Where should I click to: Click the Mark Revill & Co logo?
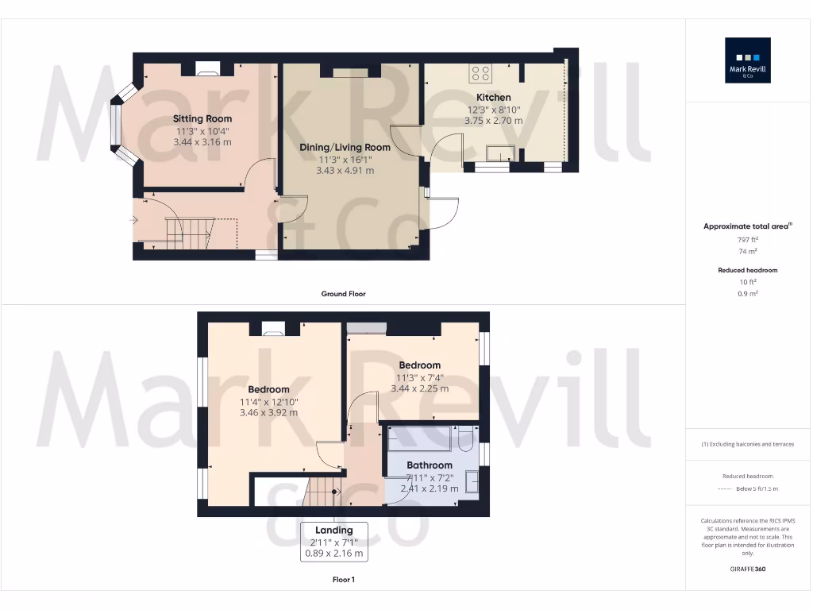(748, 60)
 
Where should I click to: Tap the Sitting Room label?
(202, 119)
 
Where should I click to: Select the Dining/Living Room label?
(345, 147)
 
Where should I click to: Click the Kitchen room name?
(493, 98)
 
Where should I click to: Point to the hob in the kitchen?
(480, 73)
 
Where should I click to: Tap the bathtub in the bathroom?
(419, 439)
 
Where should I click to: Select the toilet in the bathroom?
(467, 438)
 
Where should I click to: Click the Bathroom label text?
(430, 465)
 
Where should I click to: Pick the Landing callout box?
(333, 542)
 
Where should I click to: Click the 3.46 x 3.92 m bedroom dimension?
(268, 413)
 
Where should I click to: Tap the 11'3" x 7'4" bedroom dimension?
(419, 378)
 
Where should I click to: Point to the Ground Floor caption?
(343, 294)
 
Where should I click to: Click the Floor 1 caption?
(343, 580)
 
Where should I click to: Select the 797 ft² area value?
(748, 239)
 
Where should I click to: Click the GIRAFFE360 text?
(748, 569)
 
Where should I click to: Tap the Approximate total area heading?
(748, 226)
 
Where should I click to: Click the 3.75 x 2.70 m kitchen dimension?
(493, 121)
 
